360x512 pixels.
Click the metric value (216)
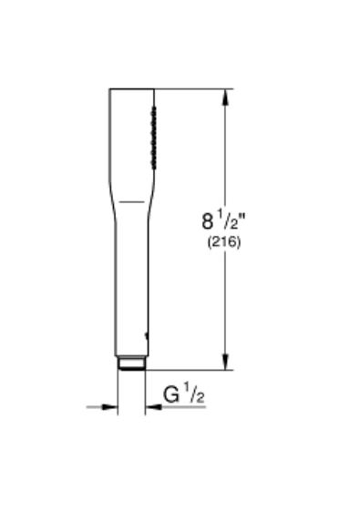(224, 242)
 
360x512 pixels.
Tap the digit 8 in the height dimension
(207, 221)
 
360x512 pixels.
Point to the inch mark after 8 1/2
(242, 215)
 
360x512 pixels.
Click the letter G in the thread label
(171, 394)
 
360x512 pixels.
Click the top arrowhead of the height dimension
(225, 97)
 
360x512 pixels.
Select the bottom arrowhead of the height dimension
(225, 362)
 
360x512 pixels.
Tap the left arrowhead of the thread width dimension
(109, 407)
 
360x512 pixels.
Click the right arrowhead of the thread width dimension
(153, 407)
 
